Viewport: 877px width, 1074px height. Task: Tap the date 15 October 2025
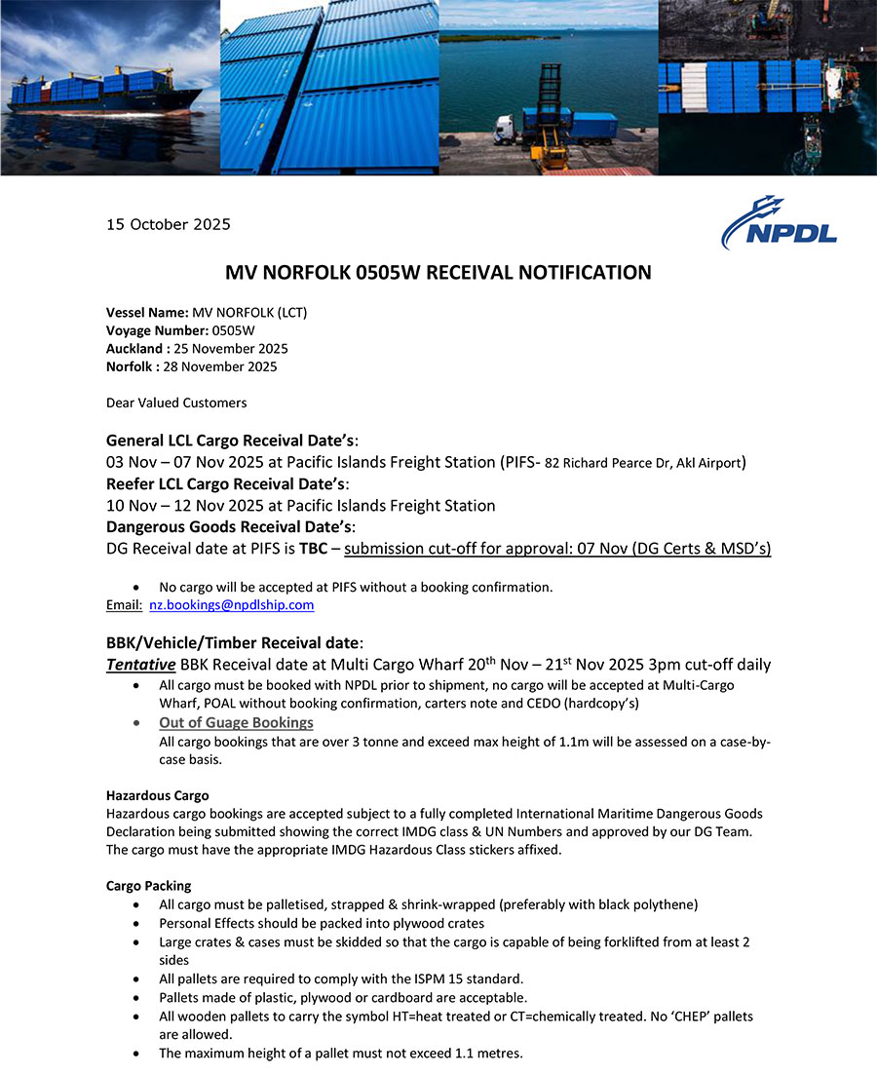click(168, 224)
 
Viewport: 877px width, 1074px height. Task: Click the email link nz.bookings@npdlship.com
click(231, 605)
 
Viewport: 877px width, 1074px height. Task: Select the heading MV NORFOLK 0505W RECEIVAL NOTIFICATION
click(438, 273)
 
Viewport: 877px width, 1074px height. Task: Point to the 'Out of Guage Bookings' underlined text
click(236, 722)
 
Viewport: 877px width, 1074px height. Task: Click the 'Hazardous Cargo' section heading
click(157, 795)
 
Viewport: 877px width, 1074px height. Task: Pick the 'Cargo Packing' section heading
click(148, 886)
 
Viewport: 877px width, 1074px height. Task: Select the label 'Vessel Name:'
click(147, 312)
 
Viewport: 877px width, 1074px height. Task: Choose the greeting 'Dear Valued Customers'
click(176, 403)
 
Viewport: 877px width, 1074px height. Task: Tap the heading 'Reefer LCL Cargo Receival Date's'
click(226, 483)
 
